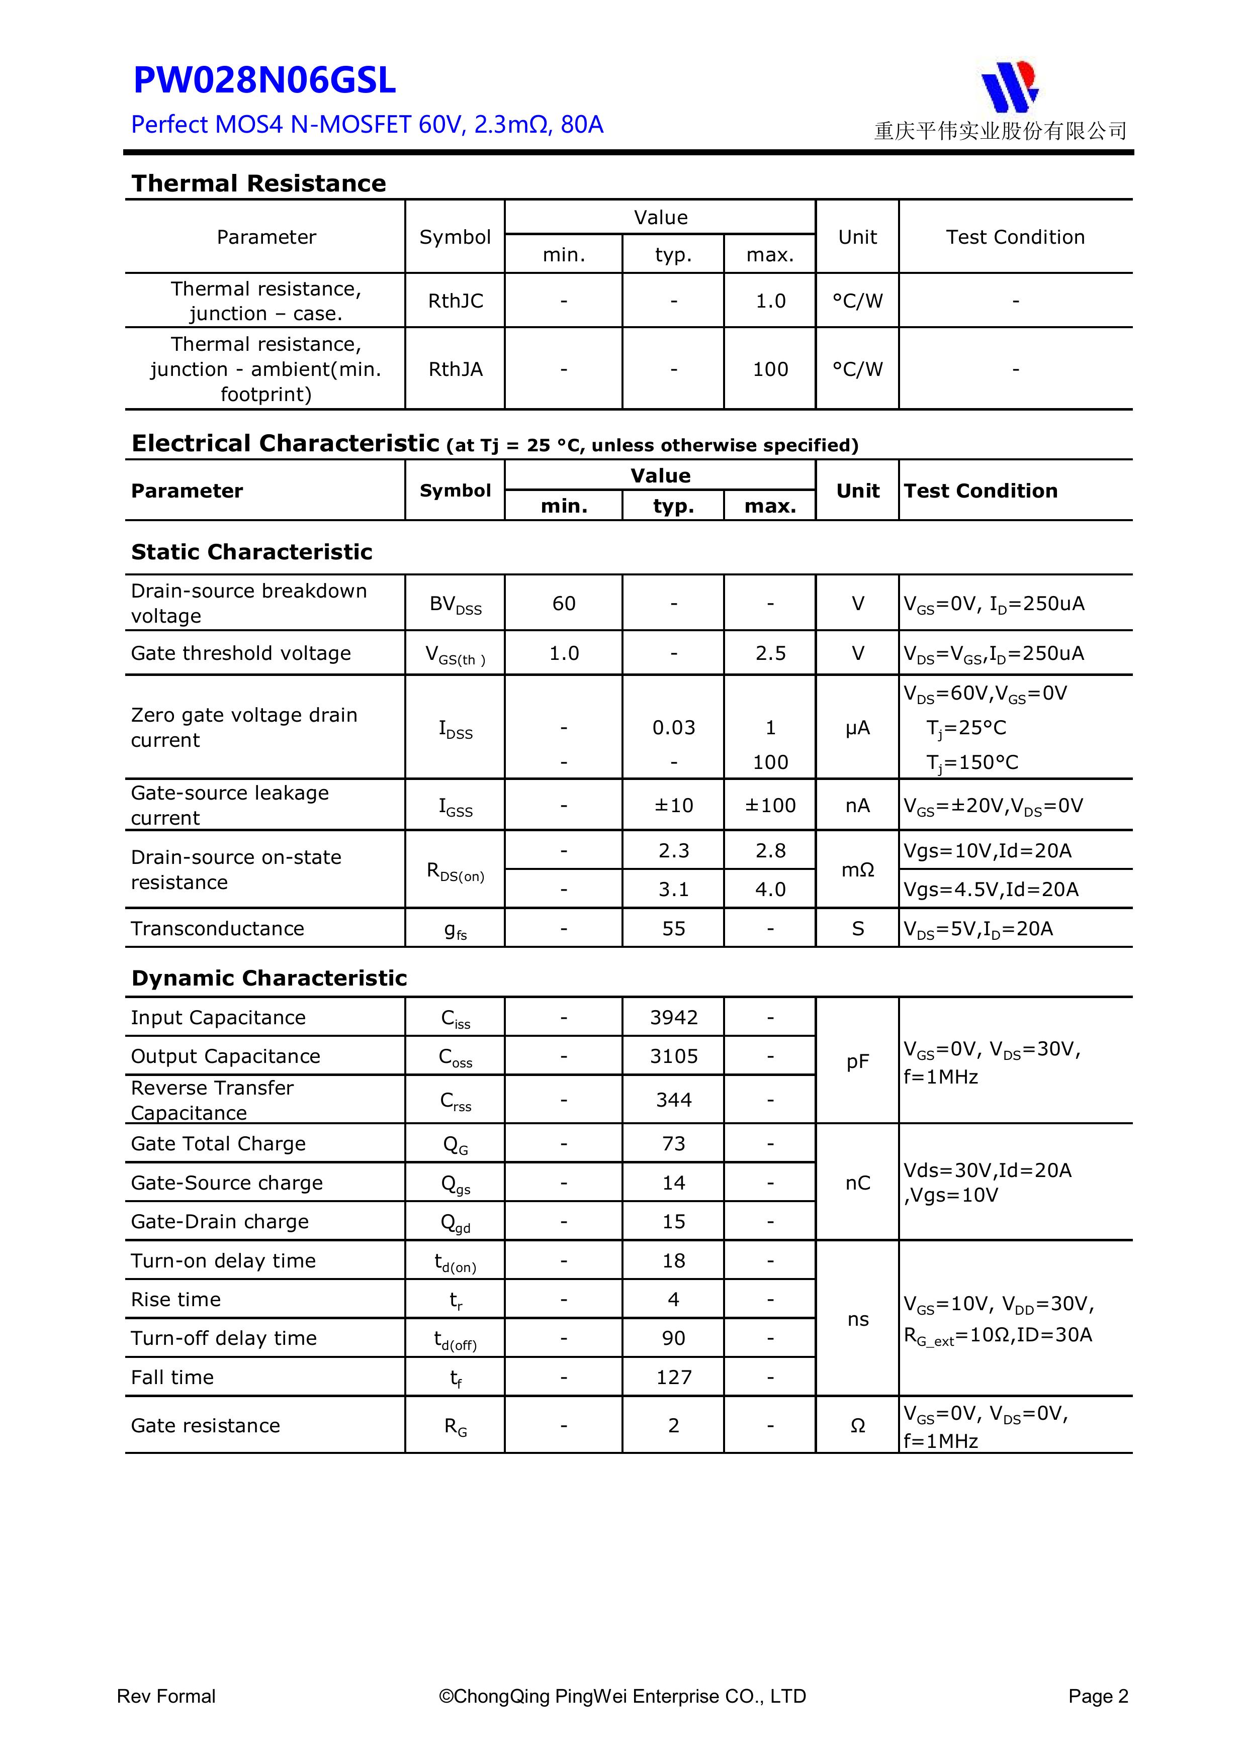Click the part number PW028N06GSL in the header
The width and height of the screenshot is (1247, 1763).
tap(264, 80)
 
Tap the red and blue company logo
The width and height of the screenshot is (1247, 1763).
tap(1010, 86)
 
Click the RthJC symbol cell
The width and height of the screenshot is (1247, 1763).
tap(456, 301)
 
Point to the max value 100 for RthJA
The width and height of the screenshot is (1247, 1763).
tap(770, 369)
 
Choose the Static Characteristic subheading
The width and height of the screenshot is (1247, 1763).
tap(251, 552)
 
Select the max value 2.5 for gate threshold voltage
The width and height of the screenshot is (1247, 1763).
tap(770, 653)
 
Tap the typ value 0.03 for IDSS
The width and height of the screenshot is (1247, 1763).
tap(673, 727)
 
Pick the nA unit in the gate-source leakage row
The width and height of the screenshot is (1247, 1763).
tap(857, 806)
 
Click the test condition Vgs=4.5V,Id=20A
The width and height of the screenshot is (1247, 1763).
tap(991, 889)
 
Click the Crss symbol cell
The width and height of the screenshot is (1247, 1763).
tap(456, 1100)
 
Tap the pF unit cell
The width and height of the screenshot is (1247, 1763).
tap(857, 1061)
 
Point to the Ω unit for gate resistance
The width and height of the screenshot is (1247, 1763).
tap(857, 1426)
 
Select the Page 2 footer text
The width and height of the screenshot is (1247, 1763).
tap(1097, 1696)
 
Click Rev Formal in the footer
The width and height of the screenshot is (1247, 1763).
tap(166, 1696)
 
